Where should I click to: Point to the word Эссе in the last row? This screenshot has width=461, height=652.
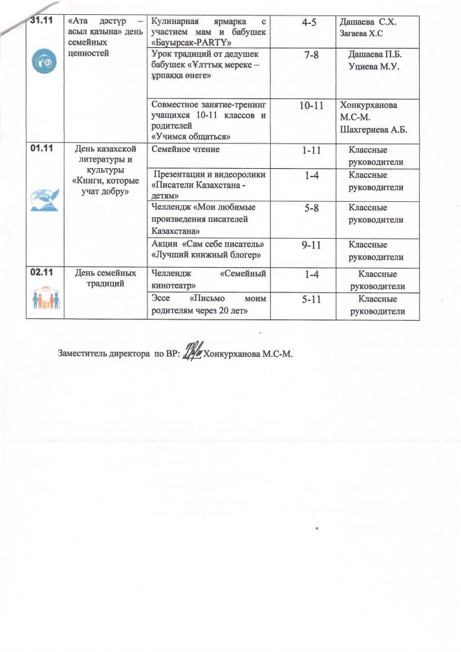[161, 299]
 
